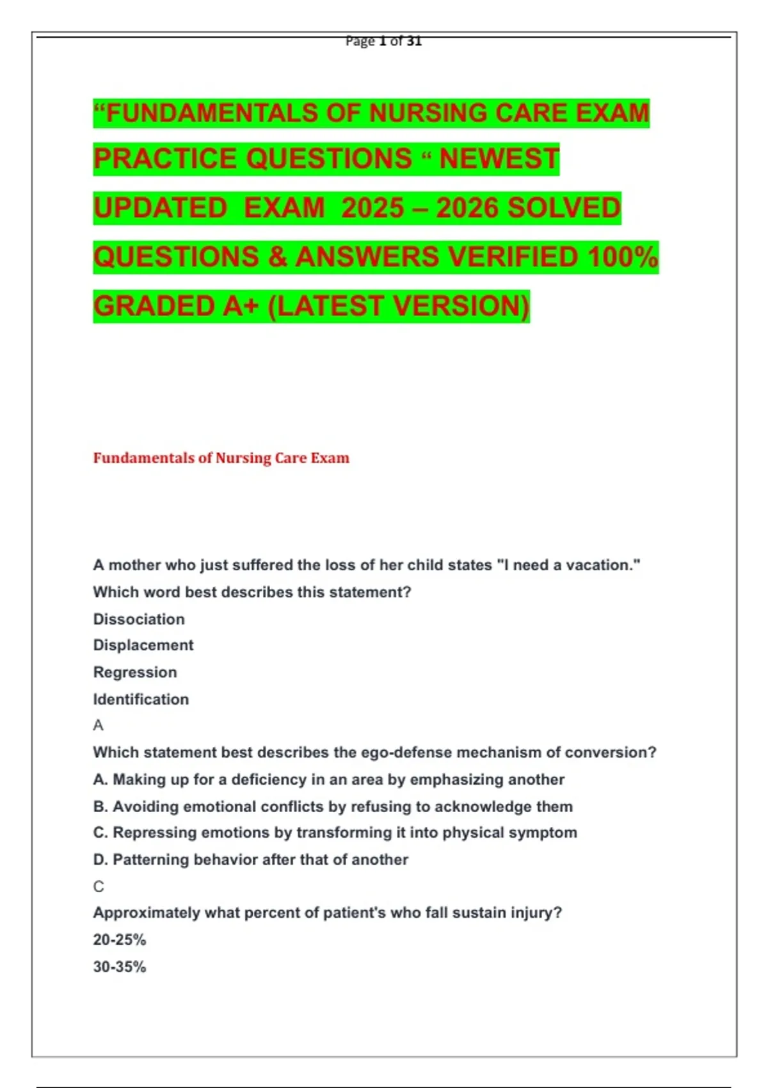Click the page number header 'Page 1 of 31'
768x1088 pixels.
(383, 42)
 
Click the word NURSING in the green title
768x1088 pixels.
(428, 113)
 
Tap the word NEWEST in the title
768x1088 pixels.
(499, 159)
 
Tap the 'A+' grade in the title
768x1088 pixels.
(240, 306)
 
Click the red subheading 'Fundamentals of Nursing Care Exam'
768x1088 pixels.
(221, 458)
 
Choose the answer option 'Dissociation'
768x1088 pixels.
(139, 619)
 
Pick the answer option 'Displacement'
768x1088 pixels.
(143, 645)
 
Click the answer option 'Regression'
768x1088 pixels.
(135, 672)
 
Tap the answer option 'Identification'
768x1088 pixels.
(141, 699)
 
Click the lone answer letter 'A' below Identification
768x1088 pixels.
(98, 725)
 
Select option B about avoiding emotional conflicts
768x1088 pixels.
(333, 806)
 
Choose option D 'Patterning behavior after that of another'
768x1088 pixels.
(251, 860)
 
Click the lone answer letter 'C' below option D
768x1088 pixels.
(99, 886)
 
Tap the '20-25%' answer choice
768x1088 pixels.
(120, 940)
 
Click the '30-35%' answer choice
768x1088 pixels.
(120, 966)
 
